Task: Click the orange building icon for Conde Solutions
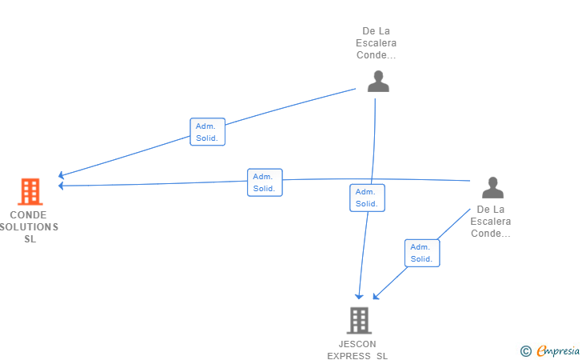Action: click(x=30, y=192)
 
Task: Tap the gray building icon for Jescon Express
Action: click(x=358, y=320)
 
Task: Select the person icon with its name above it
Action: click(x=378, y=81)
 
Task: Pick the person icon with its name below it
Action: click(x=492, y=188)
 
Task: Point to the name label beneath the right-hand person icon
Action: click(x=491, y=222)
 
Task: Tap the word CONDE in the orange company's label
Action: click(x=29, y=215)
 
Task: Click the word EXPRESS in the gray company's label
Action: click(x=349, y=355)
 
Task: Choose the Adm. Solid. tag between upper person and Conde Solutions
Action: click(x=208, y=132)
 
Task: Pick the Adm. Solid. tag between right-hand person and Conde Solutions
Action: click(x=265, y=182)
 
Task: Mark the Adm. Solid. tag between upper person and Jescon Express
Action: click(x=367, y=198)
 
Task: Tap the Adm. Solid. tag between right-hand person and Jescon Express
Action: click(x=421, y=253)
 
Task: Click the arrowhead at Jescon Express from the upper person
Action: click(x=360, y=296)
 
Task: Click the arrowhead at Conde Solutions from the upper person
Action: click(x=62, y=175)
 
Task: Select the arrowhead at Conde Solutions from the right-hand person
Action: click(x=62, y=186)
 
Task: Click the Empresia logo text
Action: click(x=558, y=350)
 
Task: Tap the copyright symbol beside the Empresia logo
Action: click(x=525, y=350)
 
